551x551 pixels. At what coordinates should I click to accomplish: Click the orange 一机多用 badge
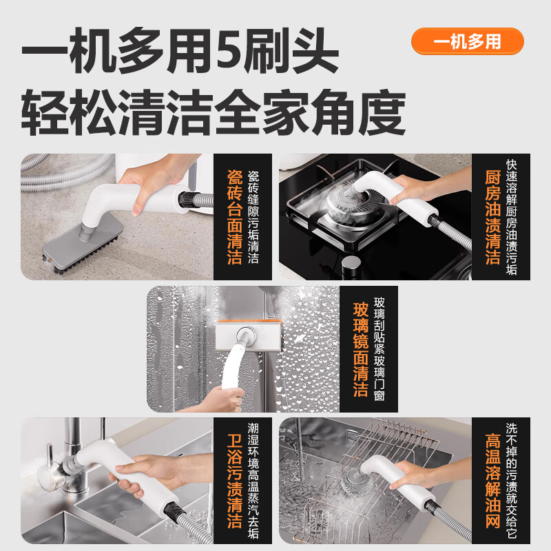(x=467, y=41)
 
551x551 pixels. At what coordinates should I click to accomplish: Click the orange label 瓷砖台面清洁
(x=233, y=217)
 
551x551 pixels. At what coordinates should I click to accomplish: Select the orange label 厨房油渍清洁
(x=492, y=217)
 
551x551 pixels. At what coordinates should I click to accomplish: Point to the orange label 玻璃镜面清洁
(x=360, y=349)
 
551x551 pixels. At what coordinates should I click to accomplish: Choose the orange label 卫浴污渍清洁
(x=233, y=481)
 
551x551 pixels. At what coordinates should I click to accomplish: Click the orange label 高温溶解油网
(x=492, y=481)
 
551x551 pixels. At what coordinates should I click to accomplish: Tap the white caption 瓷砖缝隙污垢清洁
(x=253, y=217)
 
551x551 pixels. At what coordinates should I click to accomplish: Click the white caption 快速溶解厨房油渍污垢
(x=511, y=217)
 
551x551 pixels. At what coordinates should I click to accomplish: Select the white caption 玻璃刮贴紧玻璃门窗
(x=380, y=349)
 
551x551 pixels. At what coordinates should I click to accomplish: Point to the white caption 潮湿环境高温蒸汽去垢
(x=253, y=481)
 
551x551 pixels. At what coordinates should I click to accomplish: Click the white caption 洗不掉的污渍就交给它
(x=511, y=481)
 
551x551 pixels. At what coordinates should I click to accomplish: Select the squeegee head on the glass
(x=246, y=335)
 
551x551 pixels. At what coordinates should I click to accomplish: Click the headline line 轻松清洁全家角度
(x=213, y=112)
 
